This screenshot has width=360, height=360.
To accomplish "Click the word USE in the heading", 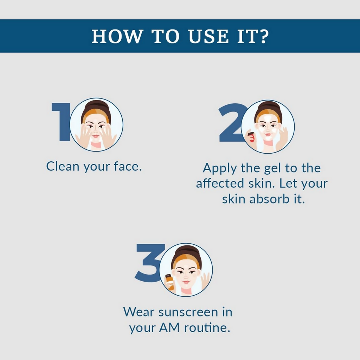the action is point(208,36).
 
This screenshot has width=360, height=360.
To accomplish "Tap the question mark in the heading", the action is point(264,36).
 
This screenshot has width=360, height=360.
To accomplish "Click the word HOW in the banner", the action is point(117,36).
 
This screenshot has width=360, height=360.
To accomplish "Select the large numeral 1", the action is point(61,122).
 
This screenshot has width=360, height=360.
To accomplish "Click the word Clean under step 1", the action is point(63,166).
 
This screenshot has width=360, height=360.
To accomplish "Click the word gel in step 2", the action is point(272,169).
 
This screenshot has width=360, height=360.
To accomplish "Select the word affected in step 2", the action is point(220,184).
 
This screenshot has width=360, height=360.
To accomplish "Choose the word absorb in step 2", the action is point(269,199).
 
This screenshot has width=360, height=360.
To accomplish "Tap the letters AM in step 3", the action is point(169,327).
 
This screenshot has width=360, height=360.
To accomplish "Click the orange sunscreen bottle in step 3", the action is point(170,282).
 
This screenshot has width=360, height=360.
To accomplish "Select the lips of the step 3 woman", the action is point(186,282).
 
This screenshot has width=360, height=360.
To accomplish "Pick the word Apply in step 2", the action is point(219,169).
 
